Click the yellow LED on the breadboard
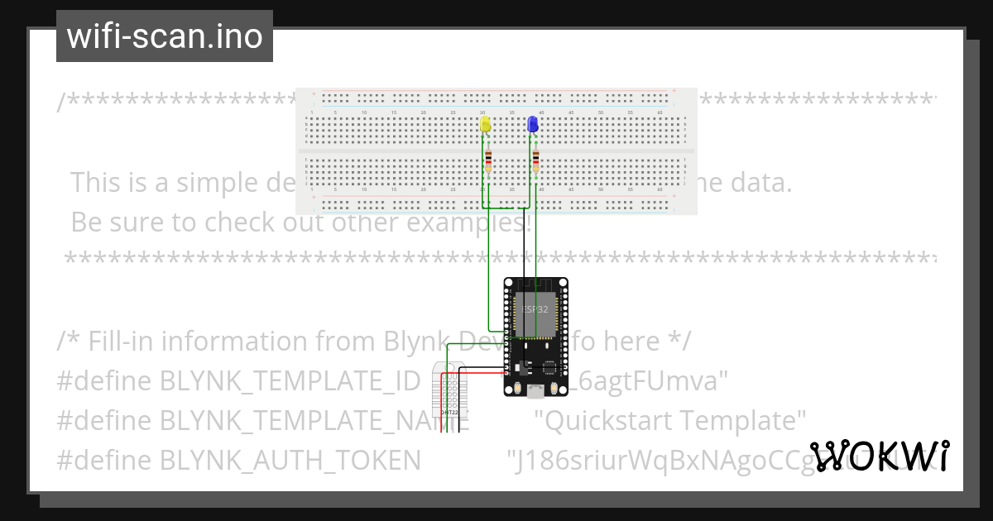[x=486, y=124]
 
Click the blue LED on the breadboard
[x=533, y=124]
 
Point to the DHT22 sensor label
[x=449, y=411]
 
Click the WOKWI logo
[x=880, y=456]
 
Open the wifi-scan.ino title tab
[x=165, y=36]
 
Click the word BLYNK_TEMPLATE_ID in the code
[x=290, y=381]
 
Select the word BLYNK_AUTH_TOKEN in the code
[x=290, y=460]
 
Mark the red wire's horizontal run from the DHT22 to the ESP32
[x=476, y=375]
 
